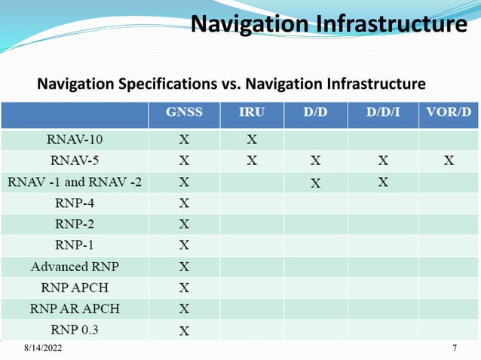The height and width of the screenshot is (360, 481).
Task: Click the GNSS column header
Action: pos(184,113)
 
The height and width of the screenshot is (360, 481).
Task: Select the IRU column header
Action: pos(252,113)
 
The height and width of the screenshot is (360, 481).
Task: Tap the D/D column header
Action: pos(315,113)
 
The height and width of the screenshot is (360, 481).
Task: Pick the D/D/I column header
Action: pos(383,113)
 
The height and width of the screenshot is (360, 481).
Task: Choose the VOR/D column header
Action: pos(449,113)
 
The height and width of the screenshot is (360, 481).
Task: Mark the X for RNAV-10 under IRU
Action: pos(252,139)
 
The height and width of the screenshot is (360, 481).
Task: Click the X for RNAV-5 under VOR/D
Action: pos(449,160)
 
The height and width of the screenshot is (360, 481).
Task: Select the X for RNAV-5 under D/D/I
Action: pos(383,160)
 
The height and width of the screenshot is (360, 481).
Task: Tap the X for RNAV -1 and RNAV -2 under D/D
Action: pos(315,182)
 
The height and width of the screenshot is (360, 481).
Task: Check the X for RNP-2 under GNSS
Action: pos(184,224)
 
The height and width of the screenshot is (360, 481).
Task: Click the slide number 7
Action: pos(455,348)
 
